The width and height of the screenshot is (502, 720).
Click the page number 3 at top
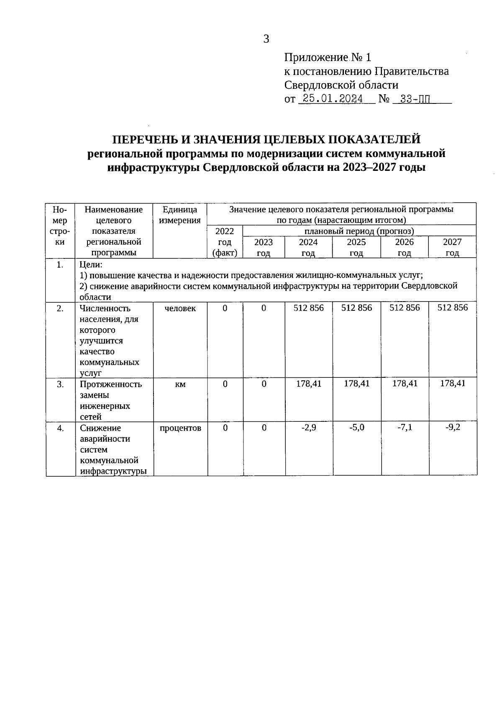266,39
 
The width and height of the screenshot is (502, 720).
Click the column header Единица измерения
180,214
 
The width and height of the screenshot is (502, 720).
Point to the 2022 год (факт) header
225,242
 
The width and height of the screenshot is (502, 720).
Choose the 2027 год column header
452,247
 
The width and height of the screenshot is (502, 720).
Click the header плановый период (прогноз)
359,231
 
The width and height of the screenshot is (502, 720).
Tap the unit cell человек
180,308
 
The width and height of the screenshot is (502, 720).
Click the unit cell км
180,384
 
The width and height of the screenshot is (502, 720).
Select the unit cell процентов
180,428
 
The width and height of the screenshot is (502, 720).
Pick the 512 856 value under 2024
309,308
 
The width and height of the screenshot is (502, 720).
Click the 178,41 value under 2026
405,383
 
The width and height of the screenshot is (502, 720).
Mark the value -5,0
357,428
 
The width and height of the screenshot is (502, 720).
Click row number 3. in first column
60,384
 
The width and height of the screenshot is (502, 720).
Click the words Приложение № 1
328,57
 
